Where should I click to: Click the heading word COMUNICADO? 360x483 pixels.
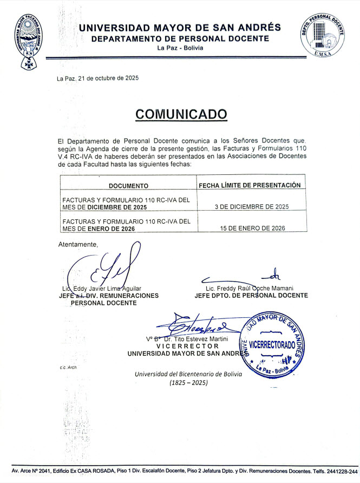(181, 114)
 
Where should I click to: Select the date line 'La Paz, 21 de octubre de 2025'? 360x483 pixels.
(98, 79)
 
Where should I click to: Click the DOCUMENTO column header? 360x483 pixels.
(128, 186)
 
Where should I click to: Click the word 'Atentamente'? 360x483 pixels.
(78, 244)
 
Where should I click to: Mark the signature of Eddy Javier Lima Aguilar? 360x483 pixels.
(106, 268)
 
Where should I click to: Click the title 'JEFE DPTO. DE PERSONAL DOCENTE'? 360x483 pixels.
(251, 296)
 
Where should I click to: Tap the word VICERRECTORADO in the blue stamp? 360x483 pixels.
(272, 345)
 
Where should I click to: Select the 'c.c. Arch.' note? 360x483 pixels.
(69, 368)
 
